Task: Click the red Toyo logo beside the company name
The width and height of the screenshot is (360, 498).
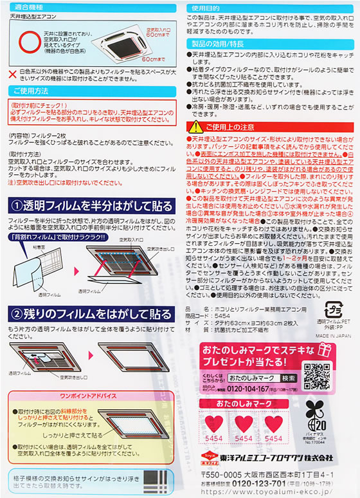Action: [198, 457]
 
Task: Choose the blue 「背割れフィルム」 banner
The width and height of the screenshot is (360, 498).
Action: [55, 236]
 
